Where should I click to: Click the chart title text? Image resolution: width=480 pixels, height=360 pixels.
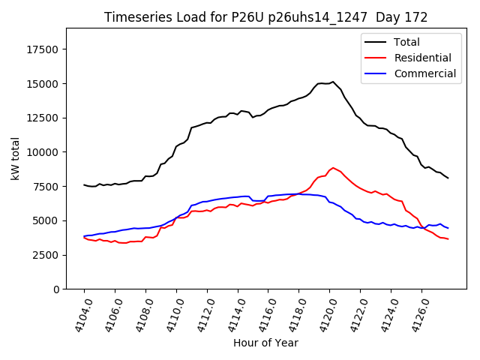[x=265, y=17]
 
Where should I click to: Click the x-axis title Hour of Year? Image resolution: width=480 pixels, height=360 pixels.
[x=265, y=343]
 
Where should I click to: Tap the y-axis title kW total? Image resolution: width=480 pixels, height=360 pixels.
[x=16, y=159]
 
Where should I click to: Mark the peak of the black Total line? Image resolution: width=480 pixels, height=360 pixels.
[x=333, y=82]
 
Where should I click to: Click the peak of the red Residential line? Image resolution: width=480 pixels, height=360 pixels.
[x=333, y=168]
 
